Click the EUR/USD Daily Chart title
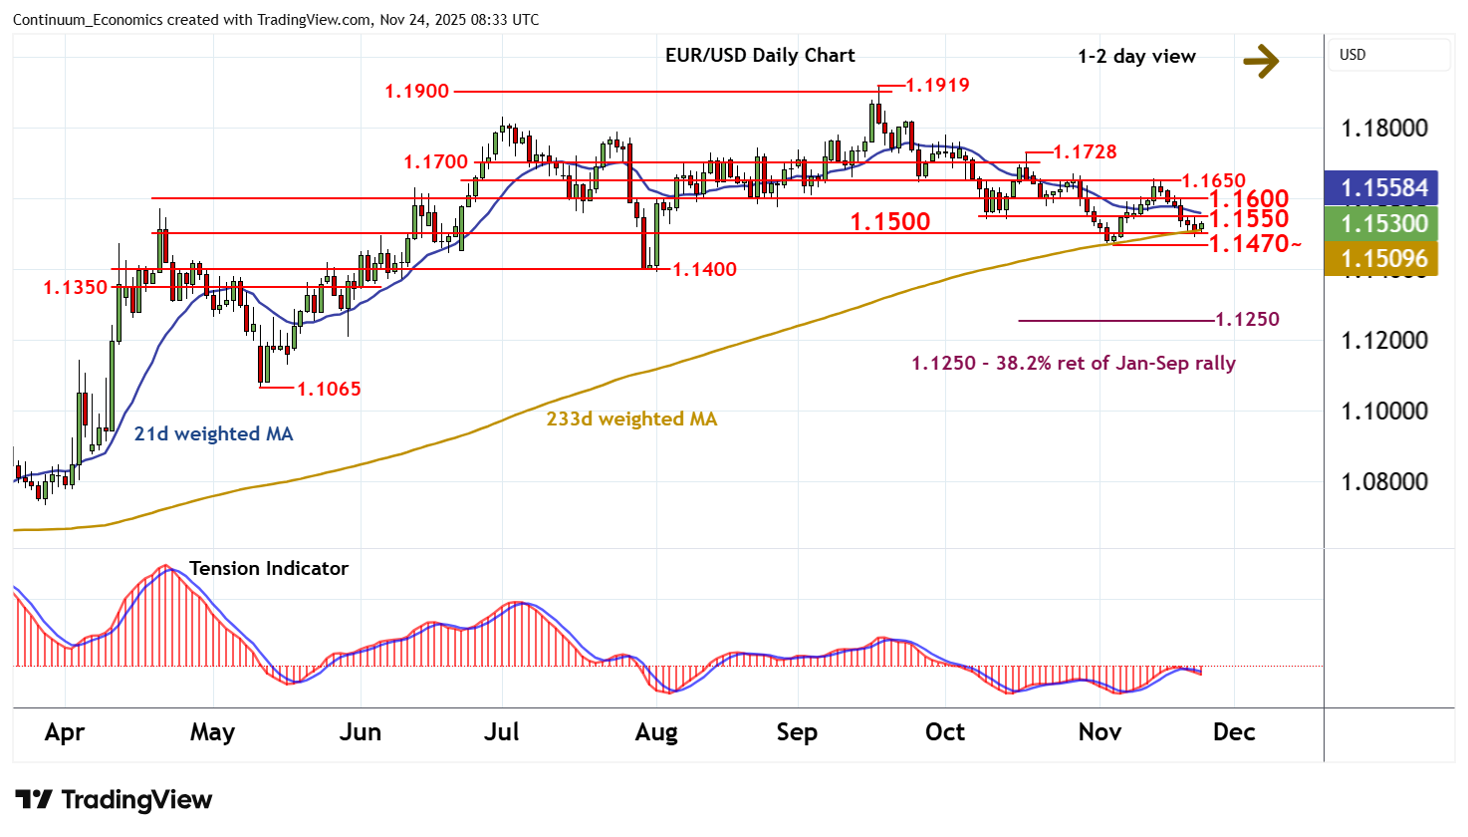coord(760,56)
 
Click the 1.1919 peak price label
coord(936,86)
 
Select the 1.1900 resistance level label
coord(416,92)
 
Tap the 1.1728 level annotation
coord(1085,152)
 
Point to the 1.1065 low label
coord(329,390)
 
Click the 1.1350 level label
coord(75,288)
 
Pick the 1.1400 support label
coord(704,270)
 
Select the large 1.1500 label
coord(889,221)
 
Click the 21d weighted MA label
coord(213,434)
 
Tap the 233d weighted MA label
coord(631,419)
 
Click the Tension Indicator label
coord(268,569)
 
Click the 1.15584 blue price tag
coord(1383,188)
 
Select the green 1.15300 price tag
coord(1383,224)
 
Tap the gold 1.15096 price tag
coord(1383,260)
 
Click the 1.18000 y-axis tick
coord(1383,129)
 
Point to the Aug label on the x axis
coord(655,732)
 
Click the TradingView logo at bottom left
coord(114,800)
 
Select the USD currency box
coord(1388,55)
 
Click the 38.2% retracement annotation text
coord(1073,364)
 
